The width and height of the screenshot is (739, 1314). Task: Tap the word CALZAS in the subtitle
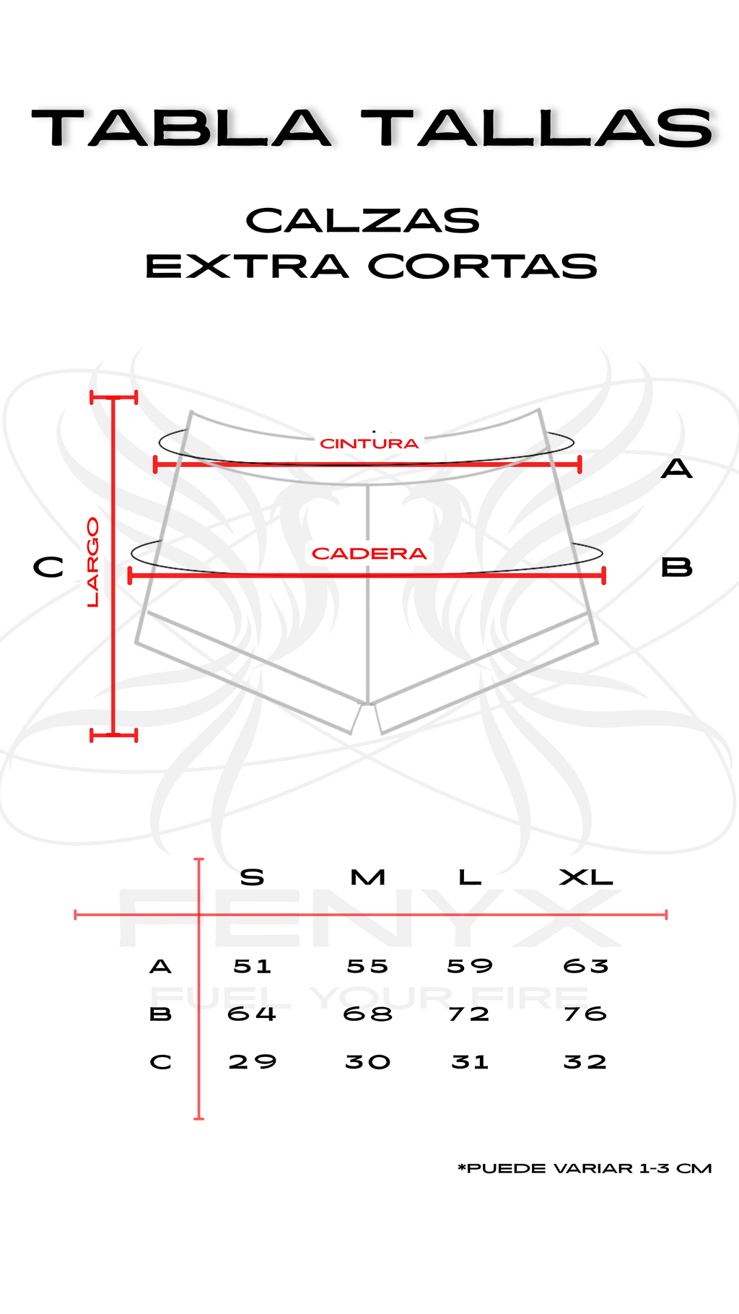click(363, 221)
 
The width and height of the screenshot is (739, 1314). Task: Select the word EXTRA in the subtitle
click(247, 266)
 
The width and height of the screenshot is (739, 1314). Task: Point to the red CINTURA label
click(369, 443)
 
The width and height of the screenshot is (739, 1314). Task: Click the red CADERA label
click(369, 554)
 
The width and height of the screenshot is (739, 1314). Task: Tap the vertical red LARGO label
click(93, 562)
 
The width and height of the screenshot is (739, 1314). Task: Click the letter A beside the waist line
click(676, 470)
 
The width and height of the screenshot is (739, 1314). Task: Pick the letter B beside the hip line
click(676, 567)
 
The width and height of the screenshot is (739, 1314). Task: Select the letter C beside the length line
click(48, 567)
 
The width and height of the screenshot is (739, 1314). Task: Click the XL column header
click(586, 878)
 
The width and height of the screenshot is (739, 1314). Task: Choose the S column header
click(252, 878)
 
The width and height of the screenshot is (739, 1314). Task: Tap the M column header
click(368, 878)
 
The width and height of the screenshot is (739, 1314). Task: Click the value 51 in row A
click(253, 966)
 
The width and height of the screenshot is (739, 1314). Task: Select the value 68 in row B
click(368, 1014)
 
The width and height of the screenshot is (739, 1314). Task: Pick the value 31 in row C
click(470, 1062)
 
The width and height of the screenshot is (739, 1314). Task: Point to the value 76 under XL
click(585, 1014)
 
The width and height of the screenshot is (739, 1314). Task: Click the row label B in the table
click(160, 1014)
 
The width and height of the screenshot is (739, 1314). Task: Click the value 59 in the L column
click(470, 966)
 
